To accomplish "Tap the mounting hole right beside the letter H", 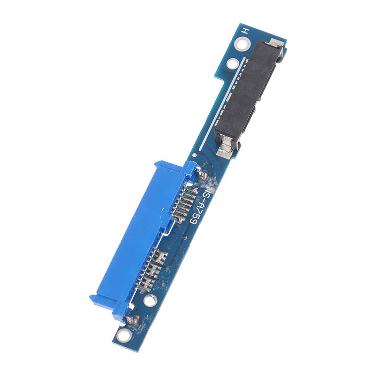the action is (x=242, y=44).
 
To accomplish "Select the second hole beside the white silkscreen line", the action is (x=232, y=63).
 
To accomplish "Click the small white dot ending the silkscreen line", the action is (x=194, y=155).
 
